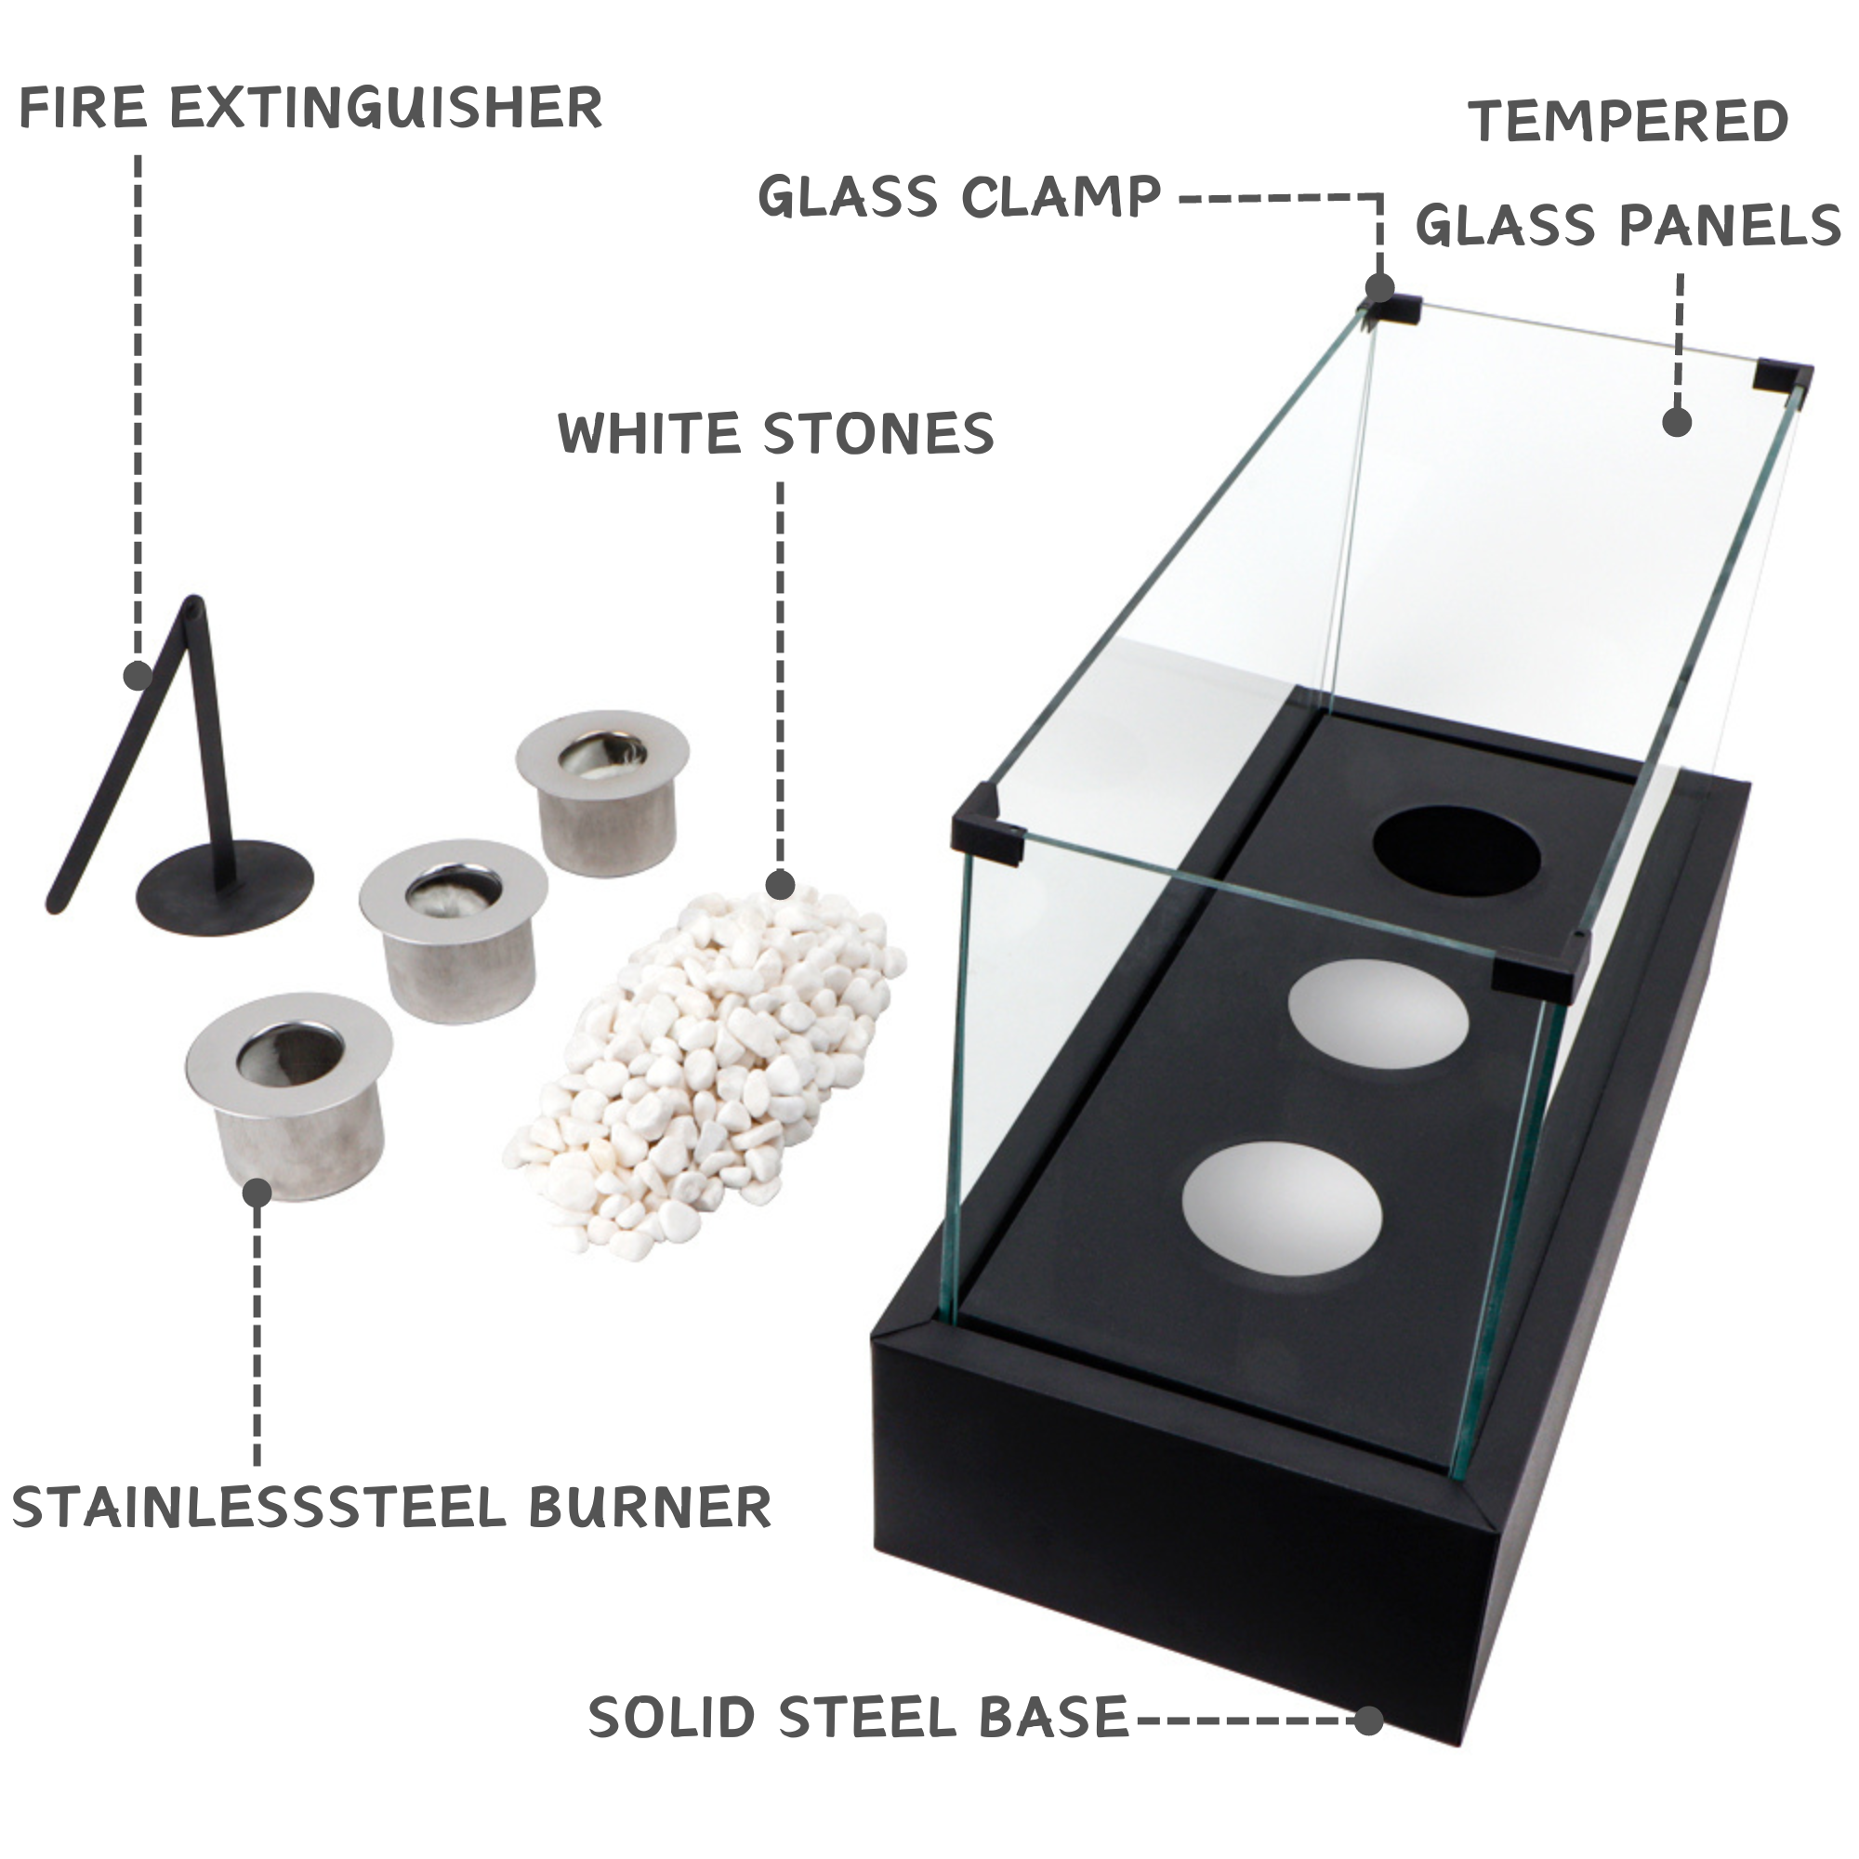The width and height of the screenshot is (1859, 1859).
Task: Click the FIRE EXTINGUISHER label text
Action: point(310,107)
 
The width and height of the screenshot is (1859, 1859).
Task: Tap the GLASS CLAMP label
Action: point(959,197)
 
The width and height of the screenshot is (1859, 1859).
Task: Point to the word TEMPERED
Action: point(1628,122)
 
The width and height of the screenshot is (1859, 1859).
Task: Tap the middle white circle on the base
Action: point(1378,1013)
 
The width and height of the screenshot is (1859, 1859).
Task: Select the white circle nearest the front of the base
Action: point(1281,1207)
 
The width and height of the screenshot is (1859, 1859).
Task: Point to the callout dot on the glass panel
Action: point(1677,421)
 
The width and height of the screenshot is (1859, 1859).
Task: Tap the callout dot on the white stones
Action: point(780,884)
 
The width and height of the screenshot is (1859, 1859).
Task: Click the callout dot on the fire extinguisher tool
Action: point(138,676)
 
